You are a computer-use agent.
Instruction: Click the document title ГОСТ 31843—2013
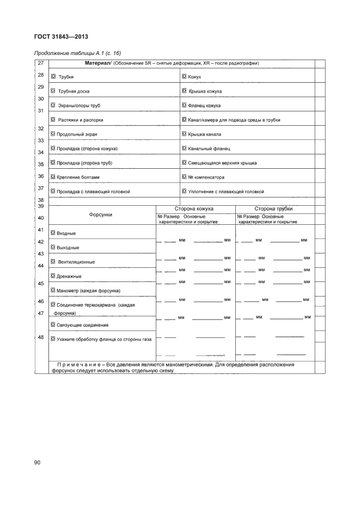(61, 37)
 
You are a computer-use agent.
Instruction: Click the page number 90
(38, 463)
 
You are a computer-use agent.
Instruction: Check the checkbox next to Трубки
(53, 77)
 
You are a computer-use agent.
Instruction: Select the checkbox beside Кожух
(184, 77)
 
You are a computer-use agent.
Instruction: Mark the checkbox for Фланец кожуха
(184, 105)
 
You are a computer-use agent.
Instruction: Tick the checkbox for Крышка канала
(184, 134)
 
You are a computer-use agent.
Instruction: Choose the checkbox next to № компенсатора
(184, 177)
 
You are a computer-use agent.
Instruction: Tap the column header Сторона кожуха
(193, 208)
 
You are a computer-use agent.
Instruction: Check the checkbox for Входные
(53, 233)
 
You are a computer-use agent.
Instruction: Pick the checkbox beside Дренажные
(53, 276)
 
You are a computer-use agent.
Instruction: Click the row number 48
(40, 338)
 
